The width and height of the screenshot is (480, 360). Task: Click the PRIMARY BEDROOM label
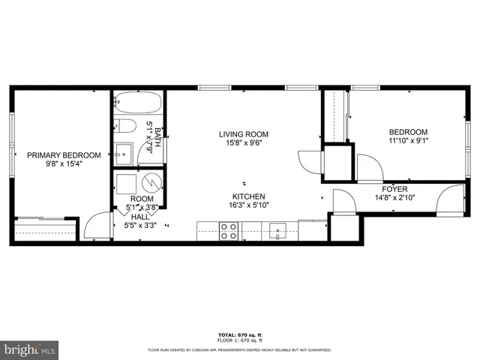pyautogui.click(x=54, y=155)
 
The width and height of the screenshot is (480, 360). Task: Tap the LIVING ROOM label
pyautogui.click(x=243, y=135)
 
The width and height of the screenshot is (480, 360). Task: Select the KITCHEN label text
pyautogui.click(x=245, y=195)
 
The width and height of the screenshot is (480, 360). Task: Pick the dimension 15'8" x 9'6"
pyautogui.click(x=243, y=144)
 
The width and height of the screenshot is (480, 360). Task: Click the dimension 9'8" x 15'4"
pyautogui.click(x=54, y=164)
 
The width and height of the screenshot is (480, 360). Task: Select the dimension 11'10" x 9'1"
pyautogui.click(x=407, y=139)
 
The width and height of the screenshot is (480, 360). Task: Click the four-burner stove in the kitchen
pyautogui.click(x=228, y=231)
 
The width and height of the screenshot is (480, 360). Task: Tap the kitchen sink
pyautogui.click(x=278, y=229)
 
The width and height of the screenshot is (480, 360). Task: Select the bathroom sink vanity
pyautogui.click(x=123, y=153)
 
